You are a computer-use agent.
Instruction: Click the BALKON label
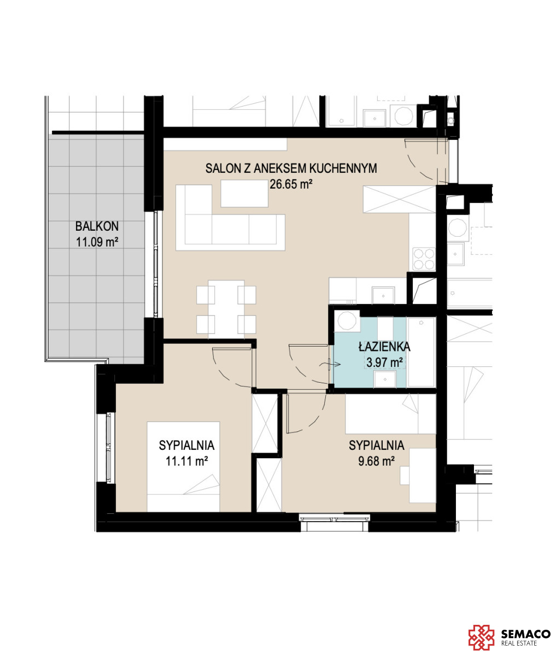[97, 226]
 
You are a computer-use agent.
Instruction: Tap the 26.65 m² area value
[291, 184]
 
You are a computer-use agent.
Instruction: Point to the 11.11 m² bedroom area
[186, 461]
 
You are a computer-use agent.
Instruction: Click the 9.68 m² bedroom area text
[376, 461]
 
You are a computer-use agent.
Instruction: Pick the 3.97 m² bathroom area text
[385, 362]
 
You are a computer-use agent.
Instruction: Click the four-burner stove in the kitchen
[424, 259]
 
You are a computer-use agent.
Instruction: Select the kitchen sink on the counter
[383, 295]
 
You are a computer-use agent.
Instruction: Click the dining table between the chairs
[226, 309]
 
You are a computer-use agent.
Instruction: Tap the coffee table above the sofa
[244, 194]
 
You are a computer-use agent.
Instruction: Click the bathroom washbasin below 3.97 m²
[385, 379]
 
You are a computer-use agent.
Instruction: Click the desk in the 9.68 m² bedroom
[423, 476]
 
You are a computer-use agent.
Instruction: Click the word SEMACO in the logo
[525, 634]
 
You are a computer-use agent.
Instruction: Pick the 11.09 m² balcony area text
[97, 242]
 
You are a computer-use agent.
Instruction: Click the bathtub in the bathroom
[421, 352]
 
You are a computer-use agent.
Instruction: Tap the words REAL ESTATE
[519, 643]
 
